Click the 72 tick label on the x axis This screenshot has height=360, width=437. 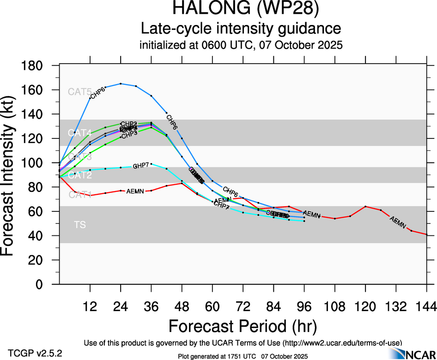click(243, 306)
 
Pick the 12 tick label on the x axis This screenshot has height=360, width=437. click(90, 306)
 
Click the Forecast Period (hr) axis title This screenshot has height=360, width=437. click(243, 326)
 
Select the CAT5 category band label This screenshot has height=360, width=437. click(79, 92)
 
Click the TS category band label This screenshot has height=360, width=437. click(79, 225)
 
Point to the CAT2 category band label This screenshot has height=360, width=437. click(79, 175)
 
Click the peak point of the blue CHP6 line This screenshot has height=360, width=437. click(121, 84)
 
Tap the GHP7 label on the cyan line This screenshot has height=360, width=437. click(140, 166)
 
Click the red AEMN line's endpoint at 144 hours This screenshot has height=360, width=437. click(426, 234)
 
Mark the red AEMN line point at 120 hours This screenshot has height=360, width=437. click(365, 206)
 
